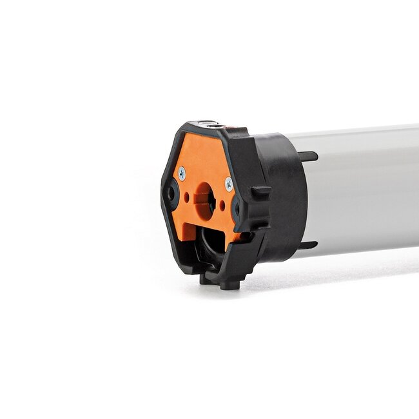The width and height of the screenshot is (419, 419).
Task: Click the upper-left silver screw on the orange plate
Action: (x=182, y=172)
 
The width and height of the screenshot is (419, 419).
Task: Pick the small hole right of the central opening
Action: (x=222, y=205)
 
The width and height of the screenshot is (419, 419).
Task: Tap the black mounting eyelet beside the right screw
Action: (x=238, y=207)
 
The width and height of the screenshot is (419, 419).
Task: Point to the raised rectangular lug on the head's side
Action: (x=261, y=191)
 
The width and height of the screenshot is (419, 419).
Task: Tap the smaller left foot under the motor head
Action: (x=204, y=279)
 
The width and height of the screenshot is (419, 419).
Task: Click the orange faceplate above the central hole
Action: (x=204, y=158)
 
